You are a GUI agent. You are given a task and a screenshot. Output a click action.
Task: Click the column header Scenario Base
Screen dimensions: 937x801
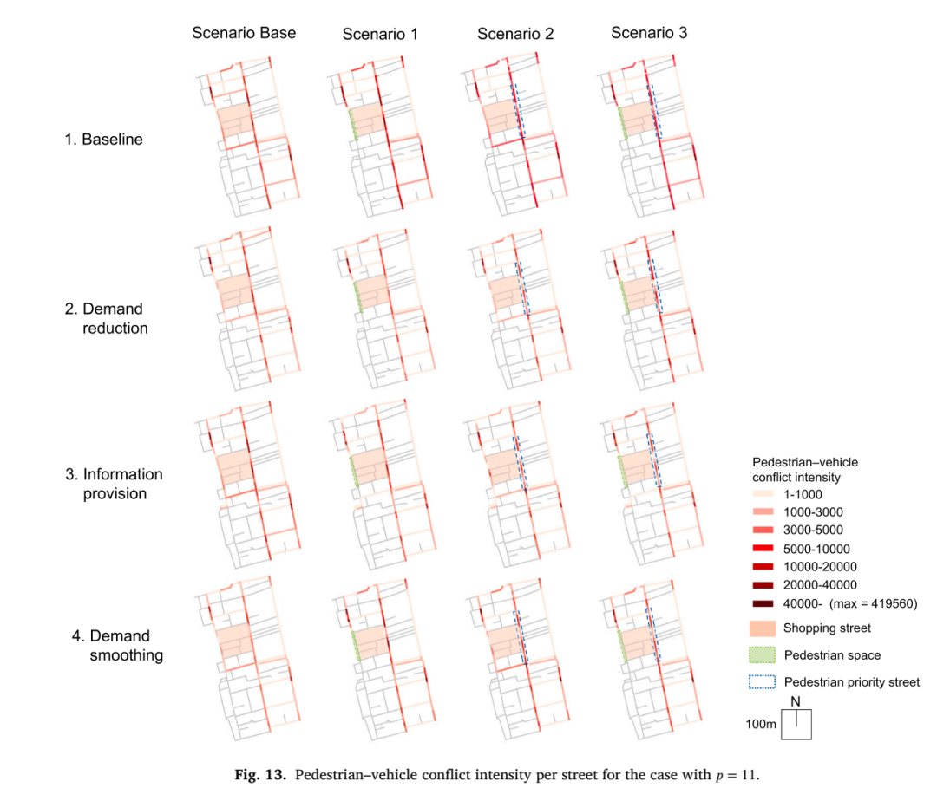(x=244, y=33)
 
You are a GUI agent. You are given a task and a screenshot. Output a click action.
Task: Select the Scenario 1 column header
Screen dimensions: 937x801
(x=380, y=35)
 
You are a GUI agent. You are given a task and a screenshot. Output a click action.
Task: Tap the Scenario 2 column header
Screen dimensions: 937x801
(x=515, y=34)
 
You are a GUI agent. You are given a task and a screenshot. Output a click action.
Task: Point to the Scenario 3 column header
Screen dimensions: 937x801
(x=649, y=33)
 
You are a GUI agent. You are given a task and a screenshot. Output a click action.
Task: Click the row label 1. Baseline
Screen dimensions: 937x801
(x=104, y=140)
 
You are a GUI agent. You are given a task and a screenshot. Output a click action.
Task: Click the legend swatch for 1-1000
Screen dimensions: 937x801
(x=763, y=494)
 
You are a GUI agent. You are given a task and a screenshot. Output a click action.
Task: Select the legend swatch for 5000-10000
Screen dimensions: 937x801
(x=763, y=549)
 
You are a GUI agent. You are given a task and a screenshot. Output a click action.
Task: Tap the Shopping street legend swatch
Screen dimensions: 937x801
(x=763, y=628)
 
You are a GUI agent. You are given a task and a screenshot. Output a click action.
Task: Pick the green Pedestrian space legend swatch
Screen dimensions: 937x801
(x=763, y=654)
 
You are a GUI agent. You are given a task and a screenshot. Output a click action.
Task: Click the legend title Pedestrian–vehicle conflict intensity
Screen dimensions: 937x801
(x=805, y=470)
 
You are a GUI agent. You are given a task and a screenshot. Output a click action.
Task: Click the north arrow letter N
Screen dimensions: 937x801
(x=796, y=702)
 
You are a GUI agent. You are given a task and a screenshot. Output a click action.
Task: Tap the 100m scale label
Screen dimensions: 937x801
(x=761, y=724)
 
